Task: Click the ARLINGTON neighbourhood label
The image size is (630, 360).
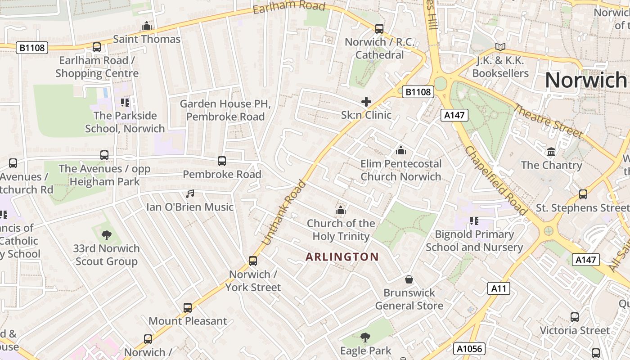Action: click(342, 257)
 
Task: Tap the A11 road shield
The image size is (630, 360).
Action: click(499, 288)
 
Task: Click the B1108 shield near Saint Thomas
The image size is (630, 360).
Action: click(32, 48)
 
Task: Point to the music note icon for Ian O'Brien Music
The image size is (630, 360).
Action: click(190, 194)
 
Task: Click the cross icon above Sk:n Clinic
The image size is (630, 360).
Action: click(366, 102)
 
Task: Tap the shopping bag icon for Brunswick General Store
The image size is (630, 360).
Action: click(409, 279)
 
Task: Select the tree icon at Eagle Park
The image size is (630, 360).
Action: click(365, 337)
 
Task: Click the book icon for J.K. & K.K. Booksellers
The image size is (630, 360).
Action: click(500, 47)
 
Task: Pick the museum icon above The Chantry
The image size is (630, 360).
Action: click(551, 152)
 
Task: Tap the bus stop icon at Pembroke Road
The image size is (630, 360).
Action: click(221, 161)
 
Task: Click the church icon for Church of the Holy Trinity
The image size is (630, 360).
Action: click(341, 210)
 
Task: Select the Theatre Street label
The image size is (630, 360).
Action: click(548, 121)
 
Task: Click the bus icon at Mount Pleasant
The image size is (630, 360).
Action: click(188, 308)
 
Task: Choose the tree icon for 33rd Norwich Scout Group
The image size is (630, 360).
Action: click(107, 235)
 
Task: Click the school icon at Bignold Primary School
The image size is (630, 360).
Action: click(473, 220)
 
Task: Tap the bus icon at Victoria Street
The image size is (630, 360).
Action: click(575, 317)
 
